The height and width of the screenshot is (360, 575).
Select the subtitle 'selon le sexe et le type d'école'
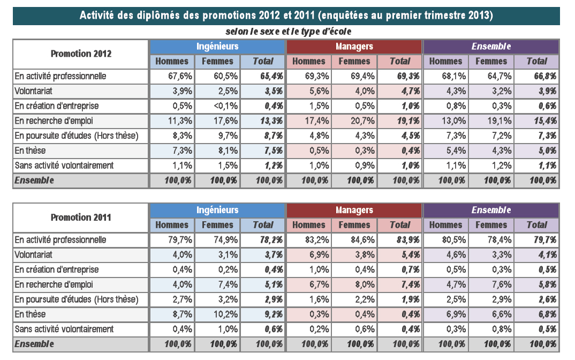[x=288, y=32]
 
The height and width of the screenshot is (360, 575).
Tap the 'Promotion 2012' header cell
[x=81, y=54]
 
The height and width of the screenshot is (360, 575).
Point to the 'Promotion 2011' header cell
[x=81, y=217]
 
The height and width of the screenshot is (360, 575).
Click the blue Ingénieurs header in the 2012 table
[x=217, y=47]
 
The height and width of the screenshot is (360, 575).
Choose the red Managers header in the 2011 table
[x=354, y=211]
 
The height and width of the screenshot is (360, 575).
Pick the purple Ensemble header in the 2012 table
[x=491, y=47]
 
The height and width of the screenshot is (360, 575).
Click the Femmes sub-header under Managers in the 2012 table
[x=354, y=61]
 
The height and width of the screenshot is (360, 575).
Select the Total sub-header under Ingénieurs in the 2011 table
[x=263, y=225]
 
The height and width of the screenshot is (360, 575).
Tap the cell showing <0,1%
[x=226, y=106]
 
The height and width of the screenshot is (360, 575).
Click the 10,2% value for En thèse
[x=226, y=314]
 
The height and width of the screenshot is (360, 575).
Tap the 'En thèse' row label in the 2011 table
[x=30, y=314]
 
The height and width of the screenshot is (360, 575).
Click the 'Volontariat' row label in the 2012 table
[x=33, y=91]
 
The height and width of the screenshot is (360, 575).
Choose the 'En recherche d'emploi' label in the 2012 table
[x=54, y=121]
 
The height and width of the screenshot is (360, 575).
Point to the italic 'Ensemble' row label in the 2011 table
[x=34, y=344]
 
